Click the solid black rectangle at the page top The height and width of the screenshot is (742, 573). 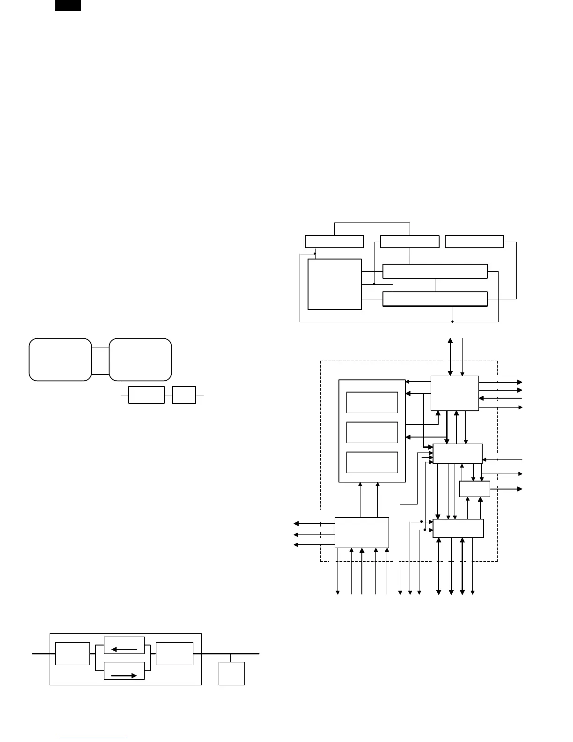click(x=68, y=5)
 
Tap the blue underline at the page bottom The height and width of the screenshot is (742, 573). click(x=93, y=738)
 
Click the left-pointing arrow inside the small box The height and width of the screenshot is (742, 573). click(x=124, y=649)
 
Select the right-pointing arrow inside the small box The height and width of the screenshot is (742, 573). click(x=124, y=675)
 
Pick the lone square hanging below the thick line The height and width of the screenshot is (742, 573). click(x=232, y=674)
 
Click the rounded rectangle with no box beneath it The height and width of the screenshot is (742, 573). click(x=60, y=359)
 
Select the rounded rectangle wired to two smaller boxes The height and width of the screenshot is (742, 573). click(x=140, y=359)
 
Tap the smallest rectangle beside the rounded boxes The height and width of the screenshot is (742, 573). click(x=184, y=395)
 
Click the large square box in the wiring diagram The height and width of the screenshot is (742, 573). click(x=335, y=284)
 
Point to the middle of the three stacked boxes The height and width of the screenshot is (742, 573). click(x=372, y=432)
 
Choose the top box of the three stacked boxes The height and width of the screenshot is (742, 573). click(x=372, y=402)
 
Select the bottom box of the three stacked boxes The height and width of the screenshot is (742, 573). click(x=372, y=462)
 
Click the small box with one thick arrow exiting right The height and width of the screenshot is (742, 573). click(x=474, y=489)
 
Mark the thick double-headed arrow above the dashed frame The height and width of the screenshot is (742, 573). click(x=450, y=356)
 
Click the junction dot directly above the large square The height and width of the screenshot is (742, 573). click(x=315, y=254)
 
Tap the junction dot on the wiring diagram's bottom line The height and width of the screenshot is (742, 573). click(x=452, y=322)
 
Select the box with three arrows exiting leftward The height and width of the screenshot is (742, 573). click(x=362, y=533)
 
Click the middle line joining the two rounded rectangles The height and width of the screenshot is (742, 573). click(x=100, y=360)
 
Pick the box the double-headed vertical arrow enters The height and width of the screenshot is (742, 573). click(x=455, y=393)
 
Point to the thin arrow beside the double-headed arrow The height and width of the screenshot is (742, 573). click(x=463, y=356)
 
